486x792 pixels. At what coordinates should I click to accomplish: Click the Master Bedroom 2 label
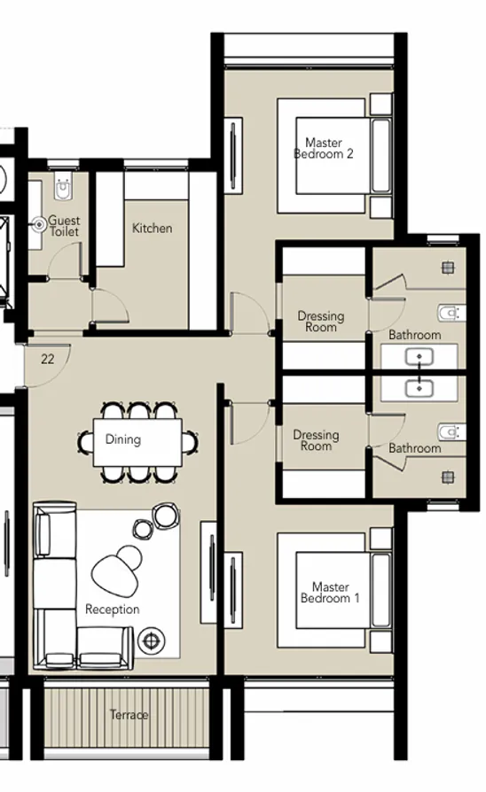tap(324, 148)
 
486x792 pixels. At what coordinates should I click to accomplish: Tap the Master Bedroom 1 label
tap(330, 593)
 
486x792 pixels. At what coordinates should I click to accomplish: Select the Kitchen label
tap(153, 229)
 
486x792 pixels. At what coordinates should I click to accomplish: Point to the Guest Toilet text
tap(64, 226)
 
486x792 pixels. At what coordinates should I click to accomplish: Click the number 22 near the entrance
tap(48, 359)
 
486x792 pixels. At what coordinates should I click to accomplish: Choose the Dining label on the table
tap(122, 439)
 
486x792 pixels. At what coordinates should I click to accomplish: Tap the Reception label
tap(112, 610)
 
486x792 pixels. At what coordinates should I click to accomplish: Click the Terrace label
tap(129, 715)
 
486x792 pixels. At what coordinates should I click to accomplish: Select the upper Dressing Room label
tap(320, 322)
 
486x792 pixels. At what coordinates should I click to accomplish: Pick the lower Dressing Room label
tap(316, 440)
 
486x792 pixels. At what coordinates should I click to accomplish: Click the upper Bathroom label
tap(414, 335)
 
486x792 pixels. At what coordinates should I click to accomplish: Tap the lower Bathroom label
tap(414, 448)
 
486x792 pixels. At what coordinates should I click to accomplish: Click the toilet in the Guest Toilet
tap(62, 187)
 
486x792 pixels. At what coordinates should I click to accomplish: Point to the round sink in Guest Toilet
tap(39, 225)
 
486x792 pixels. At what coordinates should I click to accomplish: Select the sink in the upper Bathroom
tap(418, 357)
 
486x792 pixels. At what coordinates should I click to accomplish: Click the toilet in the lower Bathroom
tap(450, 431)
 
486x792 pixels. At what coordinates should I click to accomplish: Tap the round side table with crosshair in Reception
tap(153, 640)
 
